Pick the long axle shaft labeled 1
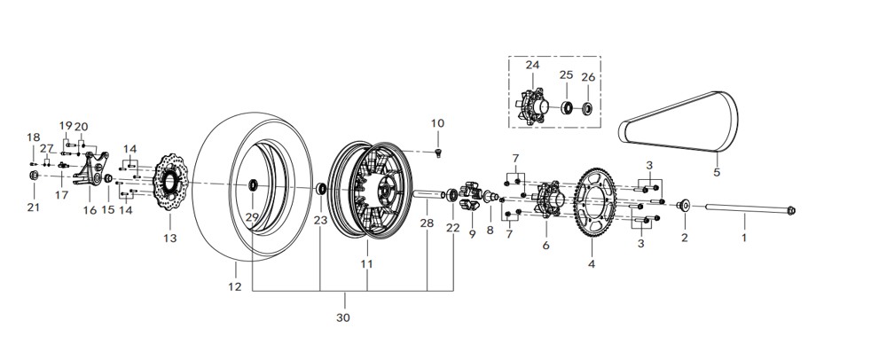745,211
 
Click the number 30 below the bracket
343,317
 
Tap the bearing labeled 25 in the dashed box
566,109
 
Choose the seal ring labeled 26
587,109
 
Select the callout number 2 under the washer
684,238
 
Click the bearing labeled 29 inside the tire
252,185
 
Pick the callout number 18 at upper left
34,137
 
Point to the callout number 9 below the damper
473,234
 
